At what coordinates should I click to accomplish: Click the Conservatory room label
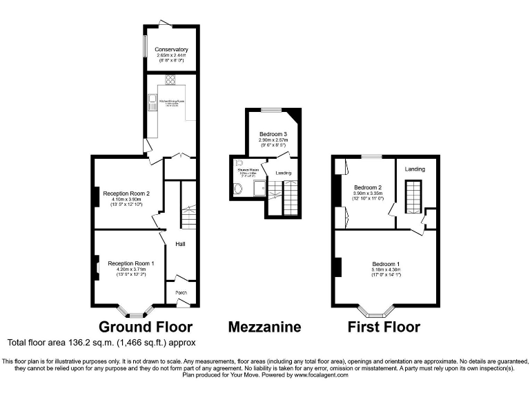(x=172, y=50)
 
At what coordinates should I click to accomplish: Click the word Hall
(x=180, y=244)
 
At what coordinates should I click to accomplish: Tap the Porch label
(x=181, y=293)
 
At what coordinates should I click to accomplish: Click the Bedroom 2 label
(x=368, y=187)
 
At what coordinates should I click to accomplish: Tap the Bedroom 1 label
(x=386, y=264)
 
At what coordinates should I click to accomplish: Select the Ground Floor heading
(x=146, y=327)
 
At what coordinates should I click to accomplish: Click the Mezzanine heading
(x=264, y=327)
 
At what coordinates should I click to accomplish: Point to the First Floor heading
(x=384, y=327)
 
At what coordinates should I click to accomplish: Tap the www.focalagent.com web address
(x=322, y=375)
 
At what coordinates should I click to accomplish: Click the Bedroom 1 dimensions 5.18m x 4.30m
(x=386, y=270)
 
